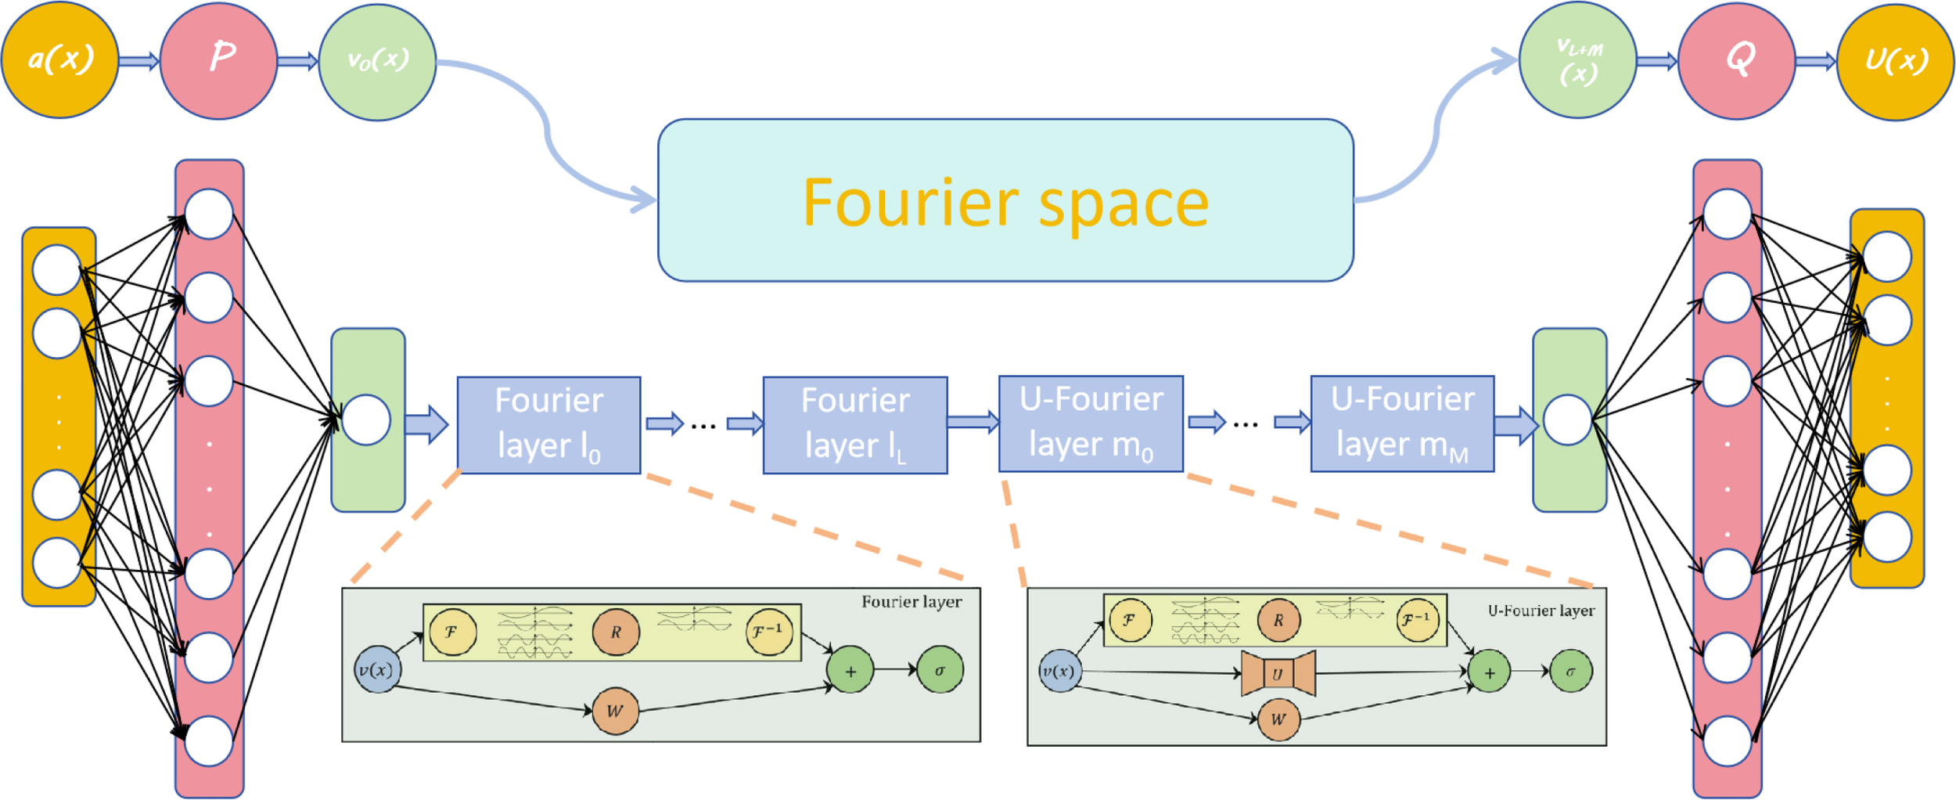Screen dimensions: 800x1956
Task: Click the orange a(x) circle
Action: click(x=60, y=60)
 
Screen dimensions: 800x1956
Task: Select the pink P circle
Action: click(x=219, y=60)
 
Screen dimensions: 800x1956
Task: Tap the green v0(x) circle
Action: click(x=377, y=62)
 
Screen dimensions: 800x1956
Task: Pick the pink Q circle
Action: click(x=1736, y=60)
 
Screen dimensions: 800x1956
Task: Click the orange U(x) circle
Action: click(x=1895, y=62)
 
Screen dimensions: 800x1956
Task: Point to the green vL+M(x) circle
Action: click(x=1577, y=60)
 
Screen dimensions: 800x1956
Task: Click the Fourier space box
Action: click(x=1005, y=200)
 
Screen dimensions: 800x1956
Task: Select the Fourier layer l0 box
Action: click(x=548, y=425)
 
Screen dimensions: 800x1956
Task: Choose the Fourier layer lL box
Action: click(x=855, y=425)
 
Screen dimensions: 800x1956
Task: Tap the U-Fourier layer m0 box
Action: click(x=1091, y=423)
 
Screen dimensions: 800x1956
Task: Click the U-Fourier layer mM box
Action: click(x=1402, y=423)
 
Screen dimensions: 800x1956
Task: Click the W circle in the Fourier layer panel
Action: click(x=616, y=711)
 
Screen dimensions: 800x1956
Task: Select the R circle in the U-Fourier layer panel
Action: click(x=1278, y=620)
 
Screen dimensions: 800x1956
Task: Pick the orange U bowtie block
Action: click(x=1278, y=672)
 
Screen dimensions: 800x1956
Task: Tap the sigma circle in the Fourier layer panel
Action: click(x=940, y=670)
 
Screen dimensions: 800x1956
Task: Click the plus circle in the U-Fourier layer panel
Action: click(x=1489, y=672)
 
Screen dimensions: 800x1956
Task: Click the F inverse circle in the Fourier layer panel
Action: click(x=769, y=632)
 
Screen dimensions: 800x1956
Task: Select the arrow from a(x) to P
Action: click(x=139, y=61)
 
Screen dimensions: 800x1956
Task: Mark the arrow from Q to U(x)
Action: click(x=1815, y=61)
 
